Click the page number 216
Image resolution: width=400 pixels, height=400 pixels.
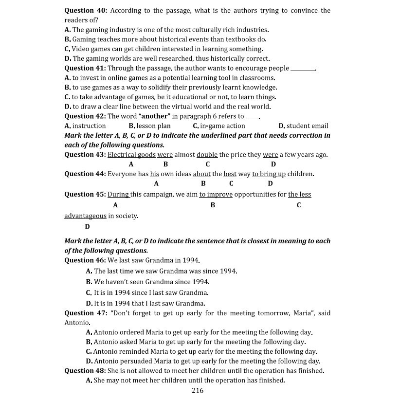tap(198, 390)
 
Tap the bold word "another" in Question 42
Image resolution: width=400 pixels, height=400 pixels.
tap(155, 116)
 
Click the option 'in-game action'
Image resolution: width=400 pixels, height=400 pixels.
tap(222, 126)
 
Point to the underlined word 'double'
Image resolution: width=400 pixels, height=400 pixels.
tap(207, 155)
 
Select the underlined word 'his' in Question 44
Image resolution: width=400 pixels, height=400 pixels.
tap(154, 174)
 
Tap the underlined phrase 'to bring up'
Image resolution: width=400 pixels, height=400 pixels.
tap(269, 174)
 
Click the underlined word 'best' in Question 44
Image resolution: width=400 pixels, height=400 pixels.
tap(230, 174)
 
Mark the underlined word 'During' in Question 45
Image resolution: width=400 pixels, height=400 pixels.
tap(118, 194)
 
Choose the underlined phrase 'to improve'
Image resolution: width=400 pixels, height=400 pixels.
tap(216, 194)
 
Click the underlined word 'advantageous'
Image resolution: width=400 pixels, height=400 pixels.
tap(85, 216)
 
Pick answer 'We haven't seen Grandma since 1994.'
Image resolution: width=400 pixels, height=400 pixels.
tap(151, 282)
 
